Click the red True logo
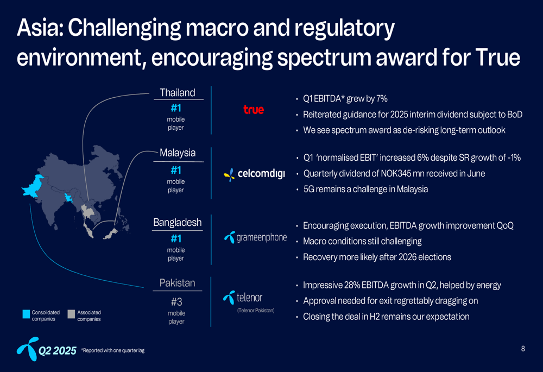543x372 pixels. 254,110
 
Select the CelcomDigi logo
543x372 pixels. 255,174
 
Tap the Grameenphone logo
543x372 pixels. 255,237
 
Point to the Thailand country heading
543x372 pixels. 178,93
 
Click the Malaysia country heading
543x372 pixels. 178,153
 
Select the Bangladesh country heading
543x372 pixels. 178,222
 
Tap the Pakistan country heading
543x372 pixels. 178,283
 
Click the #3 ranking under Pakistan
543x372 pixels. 176,302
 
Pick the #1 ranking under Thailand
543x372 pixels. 176,109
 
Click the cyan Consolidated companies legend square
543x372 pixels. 26,314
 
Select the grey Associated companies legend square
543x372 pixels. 71,314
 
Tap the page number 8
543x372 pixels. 523,349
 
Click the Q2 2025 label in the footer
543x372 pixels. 57,351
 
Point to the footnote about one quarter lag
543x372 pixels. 113,350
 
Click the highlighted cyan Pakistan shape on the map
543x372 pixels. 34,186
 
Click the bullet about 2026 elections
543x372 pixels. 377,257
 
